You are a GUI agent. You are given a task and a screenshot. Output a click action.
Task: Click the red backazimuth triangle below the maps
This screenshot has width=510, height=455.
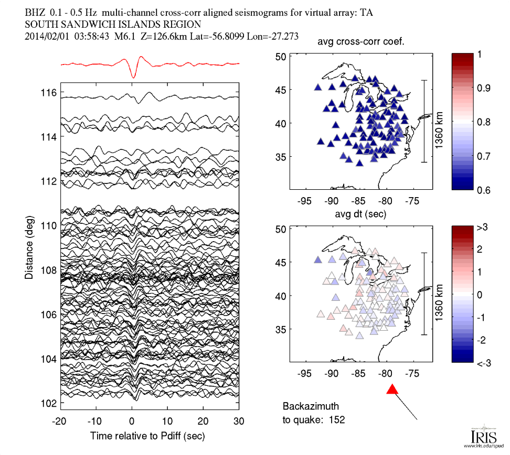click(392, 389)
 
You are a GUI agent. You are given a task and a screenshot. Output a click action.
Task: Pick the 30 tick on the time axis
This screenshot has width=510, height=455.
click(239, 421)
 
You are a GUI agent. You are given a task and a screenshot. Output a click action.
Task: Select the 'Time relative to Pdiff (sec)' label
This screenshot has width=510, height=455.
click(147, 436)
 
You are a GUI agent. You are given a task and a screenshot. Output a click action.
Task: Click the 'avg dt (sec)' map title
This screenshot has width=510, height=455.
click(361, 214)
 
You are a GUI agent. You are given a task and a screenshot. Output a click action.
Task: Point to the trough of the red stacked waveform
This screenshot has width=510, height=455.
click(133, 78)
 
